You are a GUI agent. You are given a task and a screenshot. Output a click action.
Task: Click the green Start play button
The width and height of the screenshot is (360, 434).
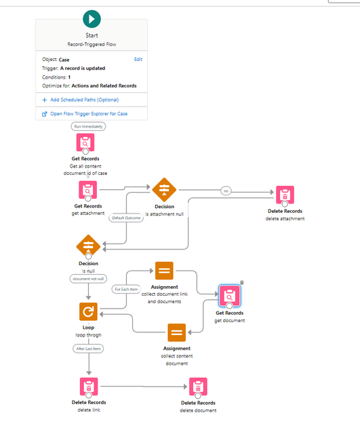pyautogui.click(x=92, y=19)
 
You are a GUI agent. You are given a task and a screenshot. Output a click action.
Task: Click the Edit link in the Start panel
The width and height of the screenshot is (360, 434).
pyautogui.click(x=138, y=59)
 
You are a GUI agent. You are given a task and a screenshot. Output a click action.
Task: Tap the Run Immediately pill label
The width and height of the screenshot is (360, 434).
pyautogui.click(x=88, y=127)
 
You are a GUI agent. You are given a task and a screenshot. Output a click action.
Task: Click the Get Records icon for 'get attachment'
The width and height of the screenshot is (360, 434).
pyautogui.click(x=87, y=190)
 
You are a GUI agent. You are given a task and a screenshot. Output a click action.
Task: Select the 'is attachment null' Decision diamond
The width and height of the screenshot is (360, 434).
pyautogui.click(x=164, y=190)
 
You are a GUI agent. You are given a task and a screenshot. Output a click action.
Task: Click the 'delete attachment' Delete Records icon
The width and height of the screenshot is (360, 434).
pyautogui.click(x=285, y=195)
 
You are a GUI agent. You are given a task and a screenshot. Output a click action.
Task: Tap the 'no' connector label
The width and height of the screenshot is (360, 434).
pyautogui.click(x=226, y=191)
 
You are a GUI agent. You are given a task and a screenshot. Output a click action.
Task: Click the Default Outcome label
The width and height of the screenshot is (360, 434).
pyautogui.click(x=126, y=218)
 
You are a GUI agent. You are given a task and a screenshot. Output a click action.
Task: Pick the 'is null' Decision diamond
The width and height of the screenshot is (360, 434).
pyautogui.click(x=88, y=246)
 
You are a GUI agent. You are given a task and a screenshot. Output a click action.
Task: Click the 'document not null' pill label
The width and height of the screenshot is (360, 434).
pyautogui.click(x=88, y=279)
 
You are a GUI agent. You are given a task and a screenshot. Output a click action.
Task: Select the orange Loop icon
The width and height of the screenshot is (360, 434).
pyautogui.click(x=88, y=311)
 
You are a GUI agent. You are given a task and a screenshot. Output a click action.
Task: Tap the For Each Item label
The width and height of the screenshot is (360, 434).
pyautogui.click(x=126, y=290)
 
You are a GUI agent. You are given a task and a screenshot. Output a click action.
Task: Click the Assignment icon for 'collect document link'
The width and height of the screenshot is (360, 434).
pyautogui.click(x=164, y=271)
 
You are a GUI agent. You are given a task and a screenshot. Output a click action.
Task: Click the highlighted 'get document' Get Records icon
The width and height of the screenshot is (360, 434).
pyautogui.click(x=229, y=296)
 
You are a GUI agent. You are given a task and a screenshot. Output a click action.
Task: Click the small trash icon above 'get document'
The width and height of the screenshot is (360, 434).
pyautogui.click(x=242, y=282)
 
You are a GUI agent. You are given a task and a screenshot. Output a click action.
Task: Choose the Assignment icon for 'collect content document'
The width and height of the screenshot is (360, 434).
pyautogui.click(x=176, y=333)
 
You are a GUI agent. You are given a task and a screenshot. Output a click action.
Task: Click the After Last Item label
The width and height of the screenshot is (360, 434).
pyautogui.click(x=89, y=349)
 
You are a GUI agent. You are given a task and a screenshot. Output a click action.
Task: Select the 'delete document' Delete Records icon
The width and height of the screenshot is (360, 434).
pyautogui.click(x=198, y=387)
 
